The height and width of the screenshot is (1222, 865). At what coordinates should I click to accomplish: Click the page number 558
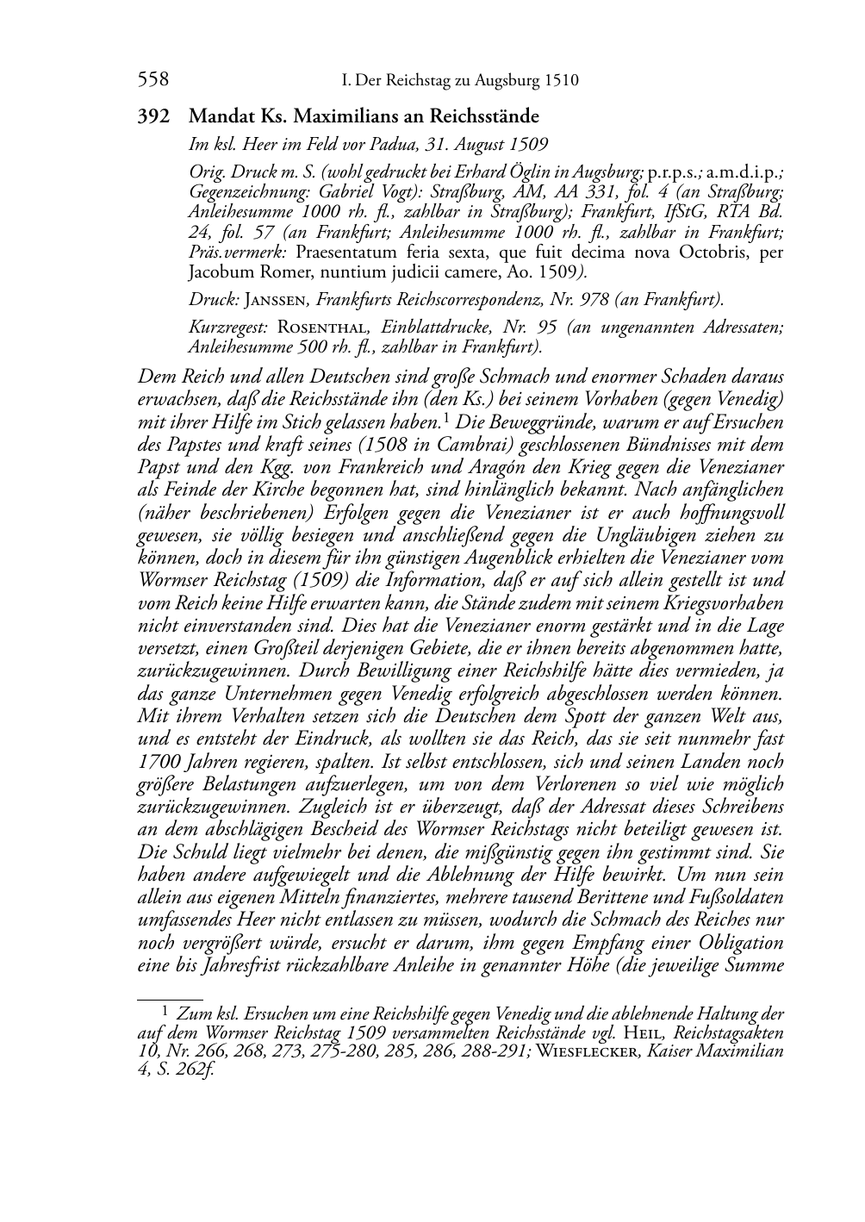tap(152, 80)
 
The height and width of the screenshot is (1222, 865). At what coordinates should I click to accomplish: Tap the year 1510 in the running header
tap(561, 81)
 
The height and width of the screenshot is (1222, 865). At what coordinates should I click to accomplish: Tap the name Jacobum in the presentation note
tap(218, 273)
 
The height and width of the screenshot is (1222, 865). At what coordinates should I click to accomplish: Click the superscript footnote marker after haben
tap(445, 419)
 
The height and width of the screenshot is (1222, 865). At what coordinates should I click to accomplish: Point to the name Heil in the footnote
tap(642, 1032)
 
